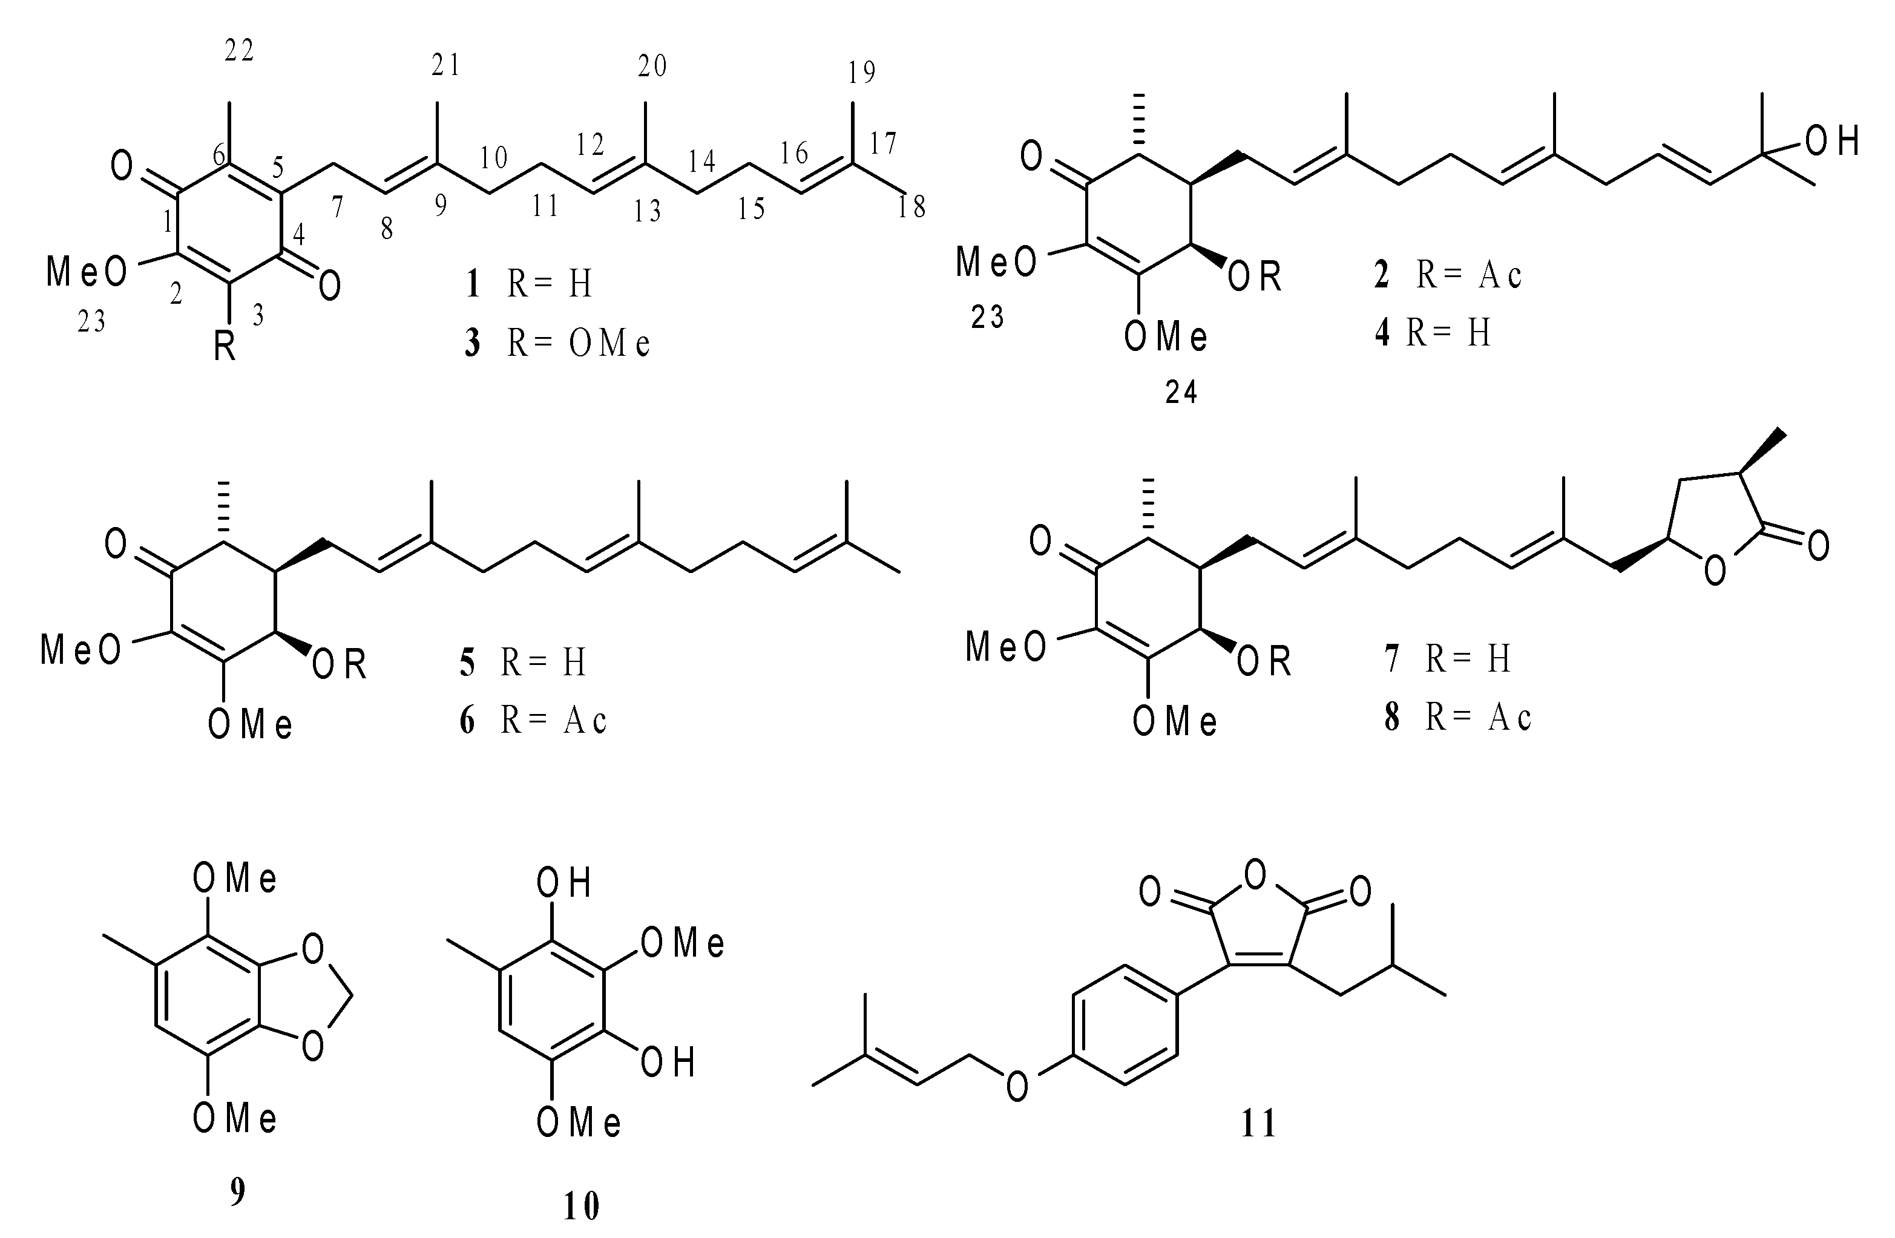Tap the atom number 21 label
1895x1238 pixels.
pos(446,65)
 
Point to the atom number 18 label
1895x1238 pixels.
pos(911,207)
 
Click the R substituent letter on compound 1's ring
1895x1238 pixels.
pos(225,348)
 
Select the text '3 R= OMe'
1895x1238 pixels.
pos(558,344)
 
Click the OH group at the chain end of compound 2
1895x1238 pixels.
pos(1831,141)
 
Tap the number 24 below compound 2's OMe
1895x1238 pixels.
pos(1181,393)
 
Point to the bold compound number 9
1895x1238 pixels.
pos(237,1193)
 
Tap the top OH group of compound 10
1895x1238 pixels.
pos(563,883)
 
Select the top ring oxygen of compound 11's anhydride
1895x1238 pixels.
pos(1255,874)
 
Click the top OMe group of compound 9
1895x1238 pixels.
pos(235,879)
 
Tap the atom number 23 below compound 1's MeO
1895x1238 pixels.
pos(91,322)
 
